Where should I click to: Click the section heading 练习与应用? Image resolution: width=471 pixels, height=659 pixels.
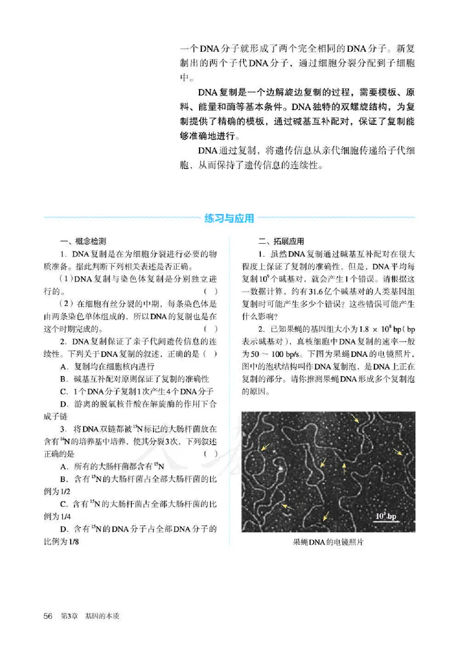tap(230, 218)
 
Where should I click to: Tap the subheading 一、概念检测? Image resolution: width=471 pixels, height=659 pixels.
tap(82, 241)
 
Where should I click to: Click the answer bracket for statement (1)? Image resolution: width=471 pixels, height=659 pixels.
tap(211, 291)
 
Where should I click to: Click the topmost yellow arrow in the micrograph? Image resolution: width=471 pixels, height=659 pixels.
tap(356, 419)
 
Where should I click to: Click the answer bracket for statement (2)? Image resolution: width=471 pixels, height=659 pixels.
tap(211, 328)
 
